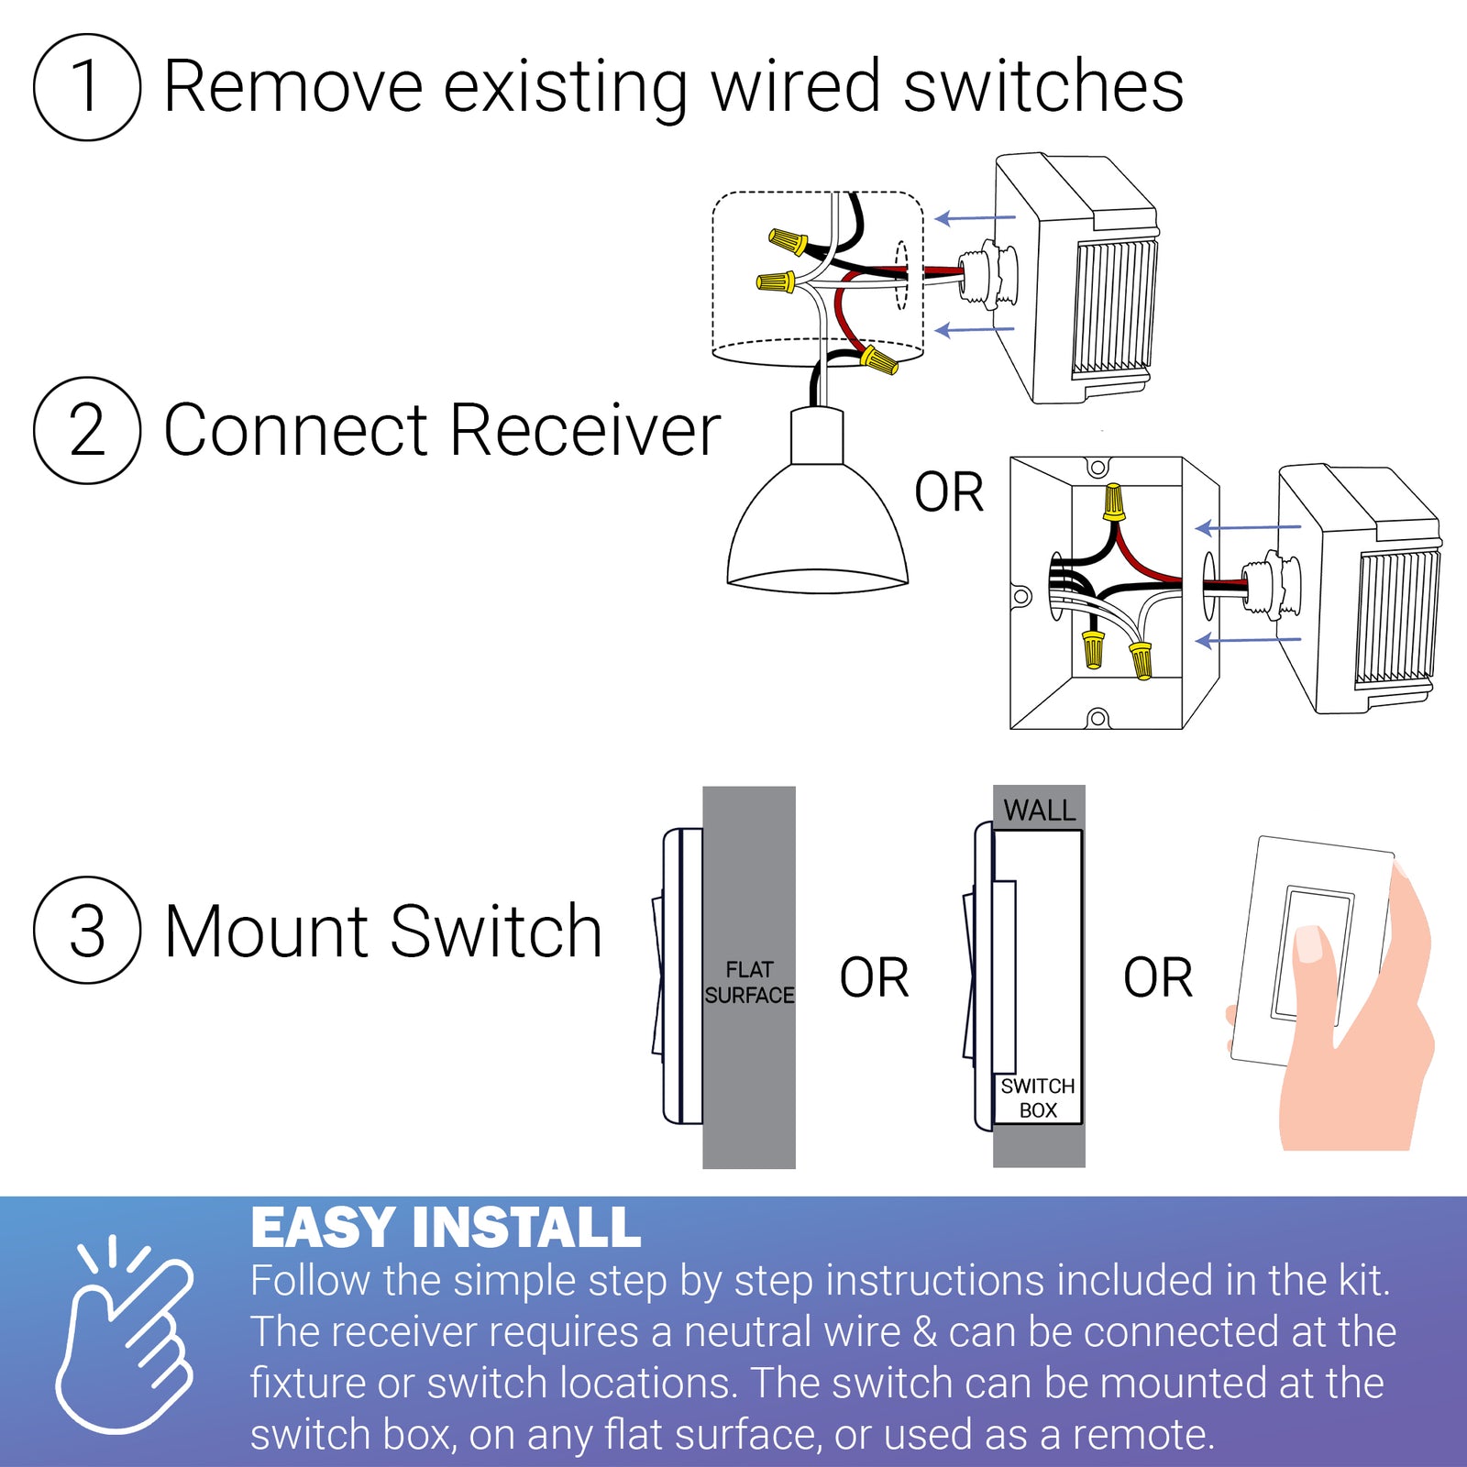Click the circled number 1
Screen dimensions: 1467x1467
[87, 87]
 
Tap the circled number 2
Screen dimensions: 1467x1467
[87, 430]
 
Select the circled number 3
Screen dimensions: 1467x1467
[87, 931]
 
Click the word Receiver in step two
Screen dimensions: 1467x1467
[585, 430]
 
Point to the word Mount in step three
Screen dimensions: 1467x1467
[268, 932]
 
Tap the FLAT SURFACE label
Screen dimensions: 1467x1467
[749, 982]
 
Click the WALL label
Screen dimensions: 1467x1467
[1039, 811]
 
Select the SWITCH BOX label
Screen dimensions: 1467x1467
[1038, 1097]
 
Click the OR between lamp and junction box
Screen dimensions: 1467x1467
[949, 493]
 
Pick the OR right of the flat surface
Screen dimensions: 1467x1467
[874, 977]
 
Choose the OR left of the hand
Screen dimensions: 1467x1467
[1158, 977]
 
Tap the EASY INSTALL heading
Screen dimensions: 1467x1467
[446, 1228]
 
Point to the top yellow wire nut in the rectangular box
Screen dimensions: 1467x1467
[1113, 502]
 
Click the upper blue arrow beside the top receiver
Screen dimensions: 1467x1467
[975, 218]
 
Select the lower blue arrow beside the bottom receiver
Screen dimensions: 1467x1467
[1249, 640]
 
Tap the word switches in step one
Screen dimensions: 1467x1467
[1042, 87]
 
